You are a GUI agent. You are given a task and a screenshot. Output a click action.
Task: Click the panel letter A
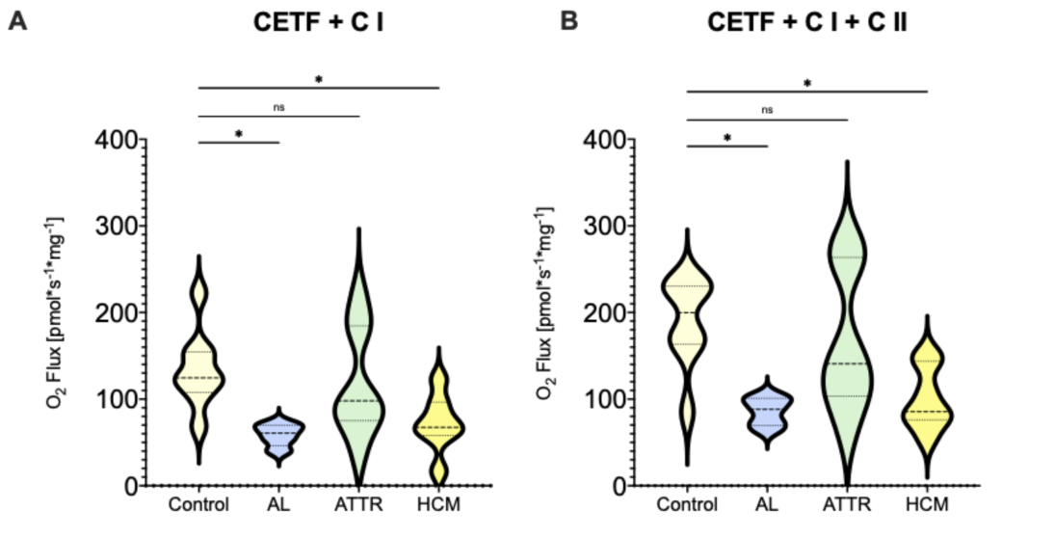click(18, 21)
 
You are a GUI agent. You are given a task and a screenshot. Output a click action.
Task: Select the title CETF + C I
click(318, 23)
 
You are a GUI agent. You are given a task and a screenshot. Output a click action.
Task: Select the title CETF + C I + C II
click(806, 23)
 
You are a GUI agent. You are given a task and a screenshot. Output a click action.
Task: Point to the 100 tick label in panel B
click(604, 399)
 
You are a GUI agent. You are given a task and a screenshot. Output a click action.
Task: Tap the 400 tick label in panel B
click(604, 139)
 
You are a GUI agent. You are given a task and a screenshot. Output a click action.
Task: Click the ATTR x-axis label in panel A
click(358, 504)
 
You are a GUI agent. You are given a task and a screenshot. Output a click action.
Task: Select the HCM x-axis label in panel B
click(927, 504)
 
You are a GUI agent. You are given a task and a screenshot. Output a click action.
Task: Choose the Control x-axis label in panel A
click(198, 504)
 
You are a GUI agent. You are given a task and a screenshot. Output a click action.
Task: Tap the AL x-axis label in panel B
click(767, 504)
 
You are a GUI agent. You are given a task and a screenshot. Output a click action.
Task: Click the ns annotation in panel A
click(279, 107)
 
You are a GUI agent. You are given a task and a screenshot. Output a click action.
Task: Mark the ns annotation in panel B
click(767, 110)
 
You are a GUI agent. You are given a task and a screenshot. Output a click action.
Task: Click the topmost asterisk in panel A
click(319, 80)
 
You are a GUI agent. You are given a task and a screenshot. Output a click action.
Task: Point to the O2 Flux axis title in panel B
click(545, 303)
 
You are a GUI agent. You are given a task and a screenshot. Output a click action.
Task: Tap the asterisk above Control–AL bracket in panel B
click(727, 139)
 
